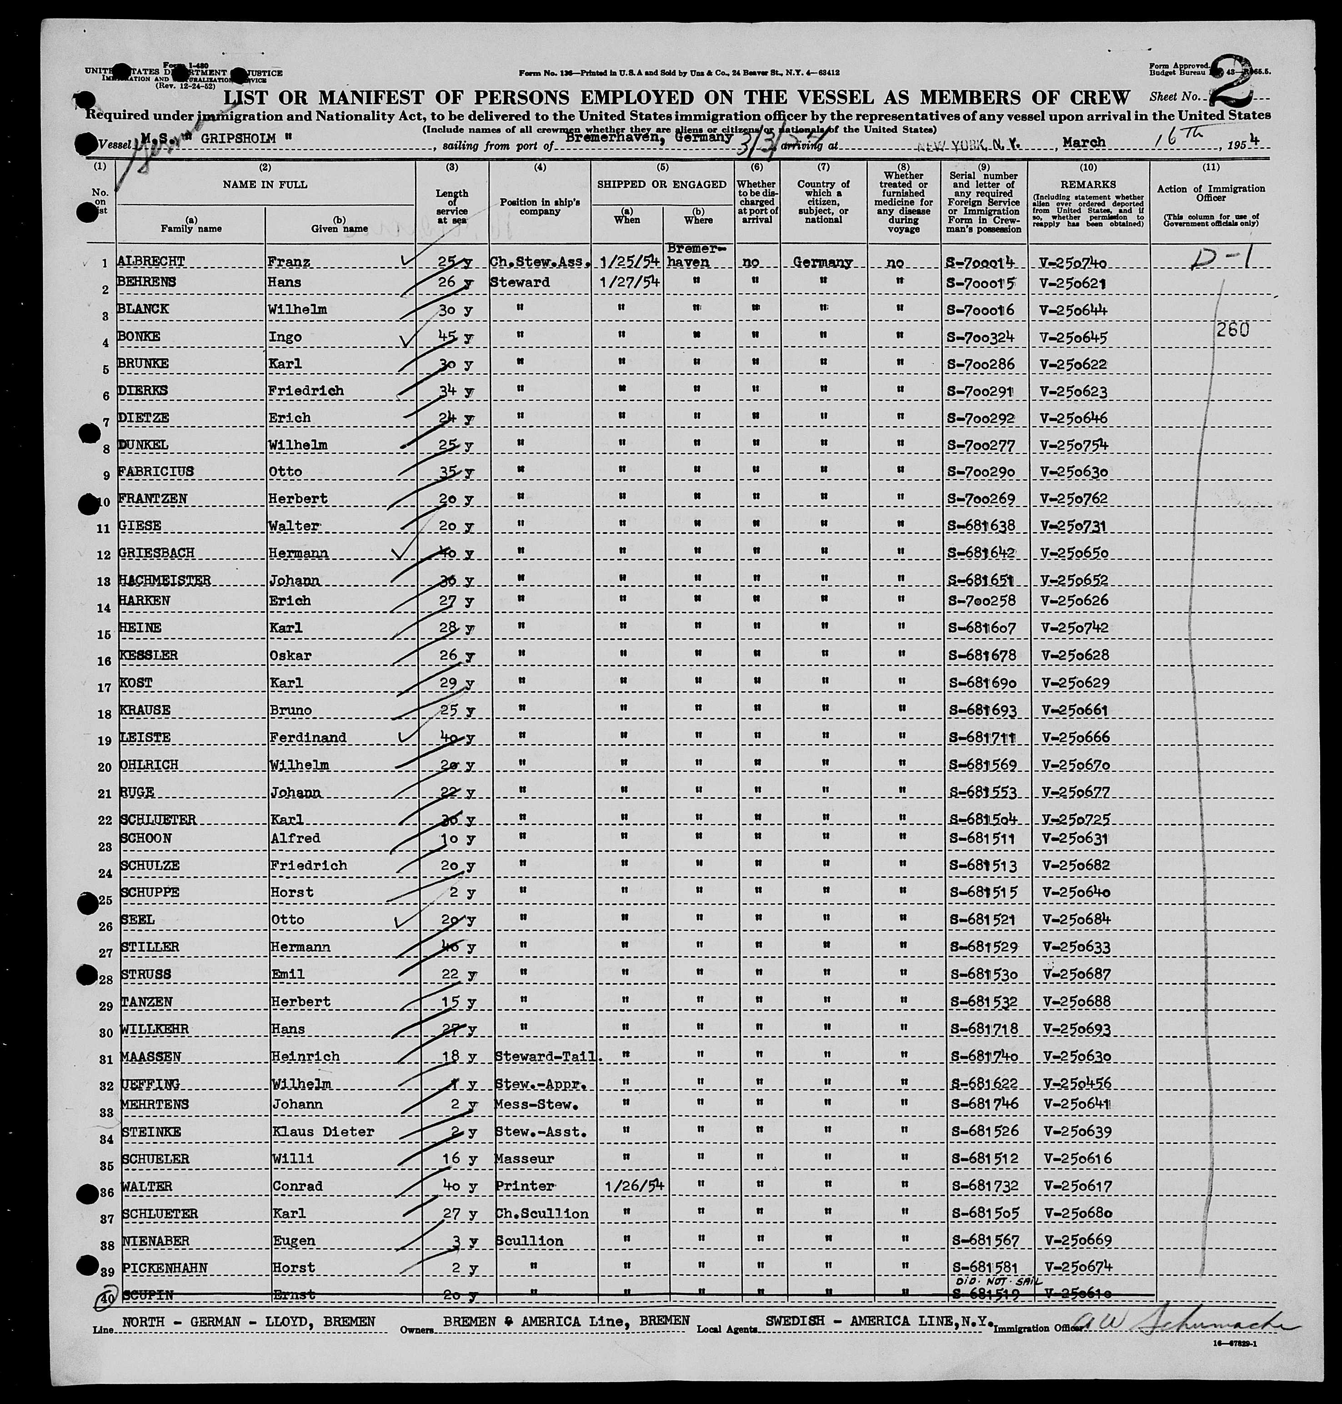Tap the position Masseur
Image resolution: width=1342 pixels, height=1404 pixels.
(x=524, y=1158)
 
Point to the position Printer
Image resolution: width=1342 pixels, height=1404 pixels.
(x=524, y=1186)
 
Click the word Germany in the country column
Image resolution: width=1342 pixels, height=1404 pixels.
(x=823, y=262)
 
